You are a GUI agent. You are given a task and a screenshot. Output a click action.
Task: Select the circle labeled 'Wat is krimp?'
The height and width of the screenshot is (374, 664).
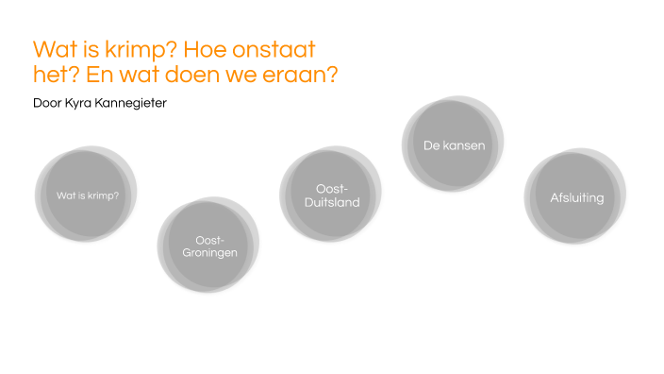(x=86, y=195)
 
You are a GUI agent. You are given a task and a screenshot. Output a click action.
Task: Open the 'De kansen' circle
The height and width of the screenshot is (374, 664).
(x=454, y=146)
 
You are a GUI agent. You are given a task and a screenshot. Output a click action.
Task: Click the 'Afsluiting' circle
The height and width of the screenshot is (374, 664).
(x=575, y=197)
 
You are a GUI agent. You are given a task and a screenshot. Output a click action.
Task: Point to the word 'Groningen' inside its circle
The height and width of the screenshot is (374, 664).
(x=209, y=253)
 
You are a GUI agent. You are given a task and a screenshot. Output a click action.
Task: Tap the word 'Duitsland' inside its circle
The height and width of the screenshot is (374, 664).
(x=332, y=203)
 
